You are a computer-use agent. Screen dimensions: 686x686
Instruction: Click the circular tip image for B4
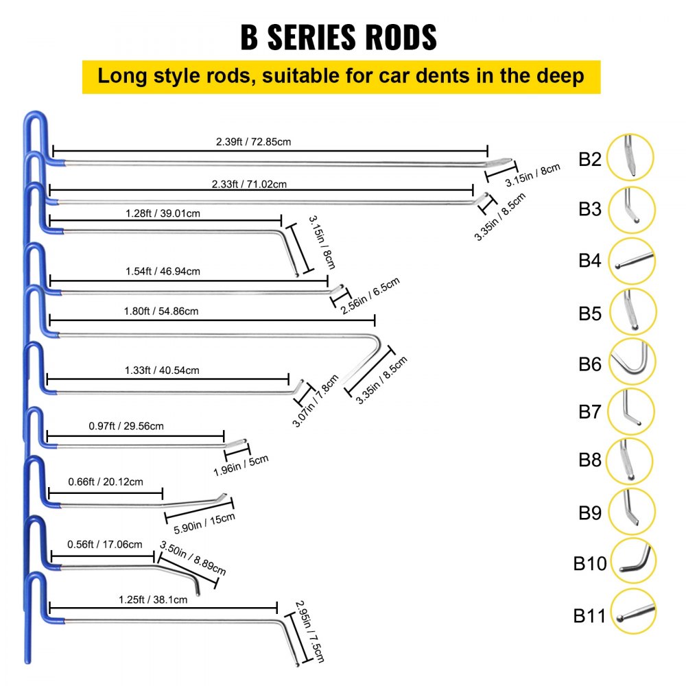631,261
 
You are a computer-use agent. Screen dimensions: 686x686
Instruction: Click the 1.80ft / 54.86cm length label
163,311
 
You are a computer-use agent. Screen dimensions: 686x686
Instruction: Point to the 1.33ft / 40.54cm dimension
163,370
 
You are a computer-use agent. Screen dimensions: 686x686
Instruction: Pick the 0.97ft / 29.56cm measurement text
127,426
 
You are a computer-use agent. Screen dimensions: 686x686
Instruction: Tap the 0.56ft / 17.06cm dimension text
105,545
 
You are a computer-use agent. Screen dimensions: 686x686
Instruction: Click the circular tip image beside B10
632,561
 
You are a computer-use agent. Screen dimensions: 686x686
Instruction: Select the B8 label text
589,459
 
